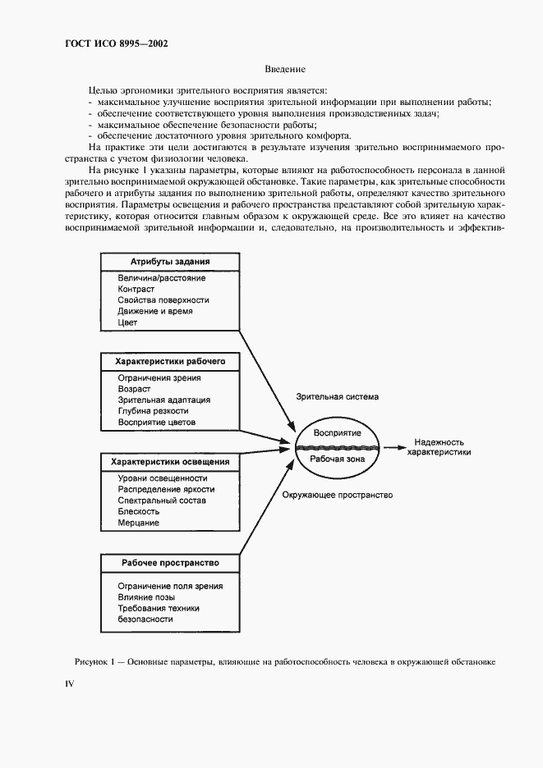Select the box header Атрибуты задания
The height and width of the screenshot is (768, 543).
(x=170, y=262)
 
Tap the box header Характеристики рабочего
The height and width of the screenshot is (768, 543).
(x=170, y=360)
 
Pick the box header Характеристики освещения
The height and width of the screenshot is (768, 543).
(x=170, y=462)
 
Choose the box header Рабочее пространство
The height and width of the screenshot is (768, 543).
(x=170, y=564)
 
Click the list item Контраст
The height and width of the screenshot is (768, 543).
(x=136, y=290)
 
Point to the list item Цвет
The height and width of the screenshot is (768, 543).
(x=127, y=322)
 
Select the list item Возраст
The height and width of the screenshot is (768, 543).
(x=135, y=389)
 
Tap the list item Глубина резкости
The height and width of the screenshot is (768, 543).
(x=153, y=411)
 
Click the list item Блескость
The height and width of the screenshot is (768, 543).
(x=139, y=511)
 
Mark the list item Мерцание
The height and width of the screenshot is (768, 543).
(x=139, y=523)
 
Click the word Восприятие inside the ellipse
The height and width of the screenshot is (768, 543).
(x=338, y=433)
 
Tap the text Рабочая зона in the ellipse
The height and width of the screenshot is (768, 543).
(x=338, y=459)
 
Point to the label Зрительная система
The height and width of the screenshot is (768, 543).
(x=338, y=397)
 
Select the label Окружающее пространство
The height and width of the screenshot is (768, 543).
(x=337, y=496)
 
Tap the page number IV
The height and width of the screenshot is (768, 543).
(x=70, y=683)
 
